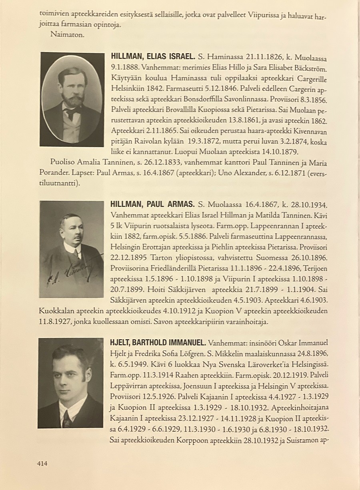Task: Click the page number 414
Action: [42, 464]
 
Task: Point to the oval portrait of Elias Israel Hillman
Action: [72, 99]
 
